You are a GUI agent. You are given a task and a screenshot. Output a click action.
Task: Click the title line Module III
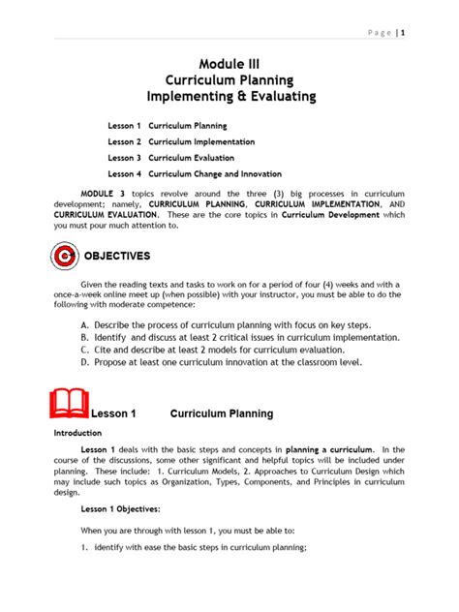click(229, 62)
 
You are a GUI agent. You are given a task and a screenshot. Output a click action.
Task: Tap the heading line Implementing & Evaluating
click(229, 97)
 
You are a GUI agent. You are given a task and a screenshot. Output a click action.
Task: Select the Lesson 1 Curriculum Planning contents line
click(168, 126)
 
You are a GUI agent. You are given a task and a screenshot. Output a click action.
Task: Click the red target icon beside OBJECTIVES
click(64, 259)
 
